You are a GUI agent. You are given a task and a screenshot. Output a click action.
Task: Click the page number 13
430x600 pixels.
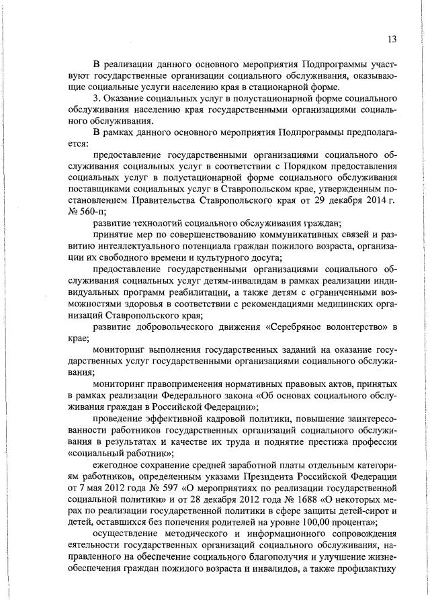(392, 40)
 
